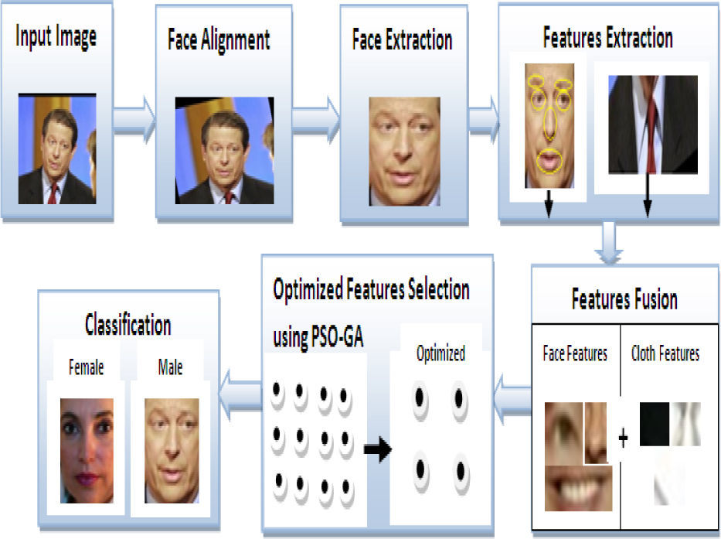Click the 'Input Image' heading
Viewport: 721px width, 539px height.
(57, 36)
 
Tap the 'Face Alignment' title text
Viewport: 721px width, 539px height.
(219, 40)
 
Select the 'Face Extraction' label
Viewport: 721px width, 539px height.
(402, 39)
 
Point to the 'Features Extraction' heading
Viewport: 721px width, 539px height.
(607, 37)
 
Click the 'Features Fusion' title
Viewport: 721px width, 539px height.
(624, 298)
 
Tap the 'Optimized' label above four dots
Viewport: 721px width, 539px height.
(440, 354)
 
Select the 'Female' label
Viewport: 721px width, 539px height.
(86, 367)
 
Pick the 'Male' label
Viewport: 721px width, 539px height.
(169, 367)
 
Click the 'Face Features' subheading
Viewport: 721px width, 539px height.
(576, 354)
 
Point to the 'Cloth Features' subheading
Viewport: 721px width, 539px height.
(665, 354)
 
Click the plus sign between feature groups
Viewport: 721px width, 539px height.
(623, 438)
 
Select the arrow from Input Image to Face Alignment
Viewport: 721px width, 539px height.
(133, 121)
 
